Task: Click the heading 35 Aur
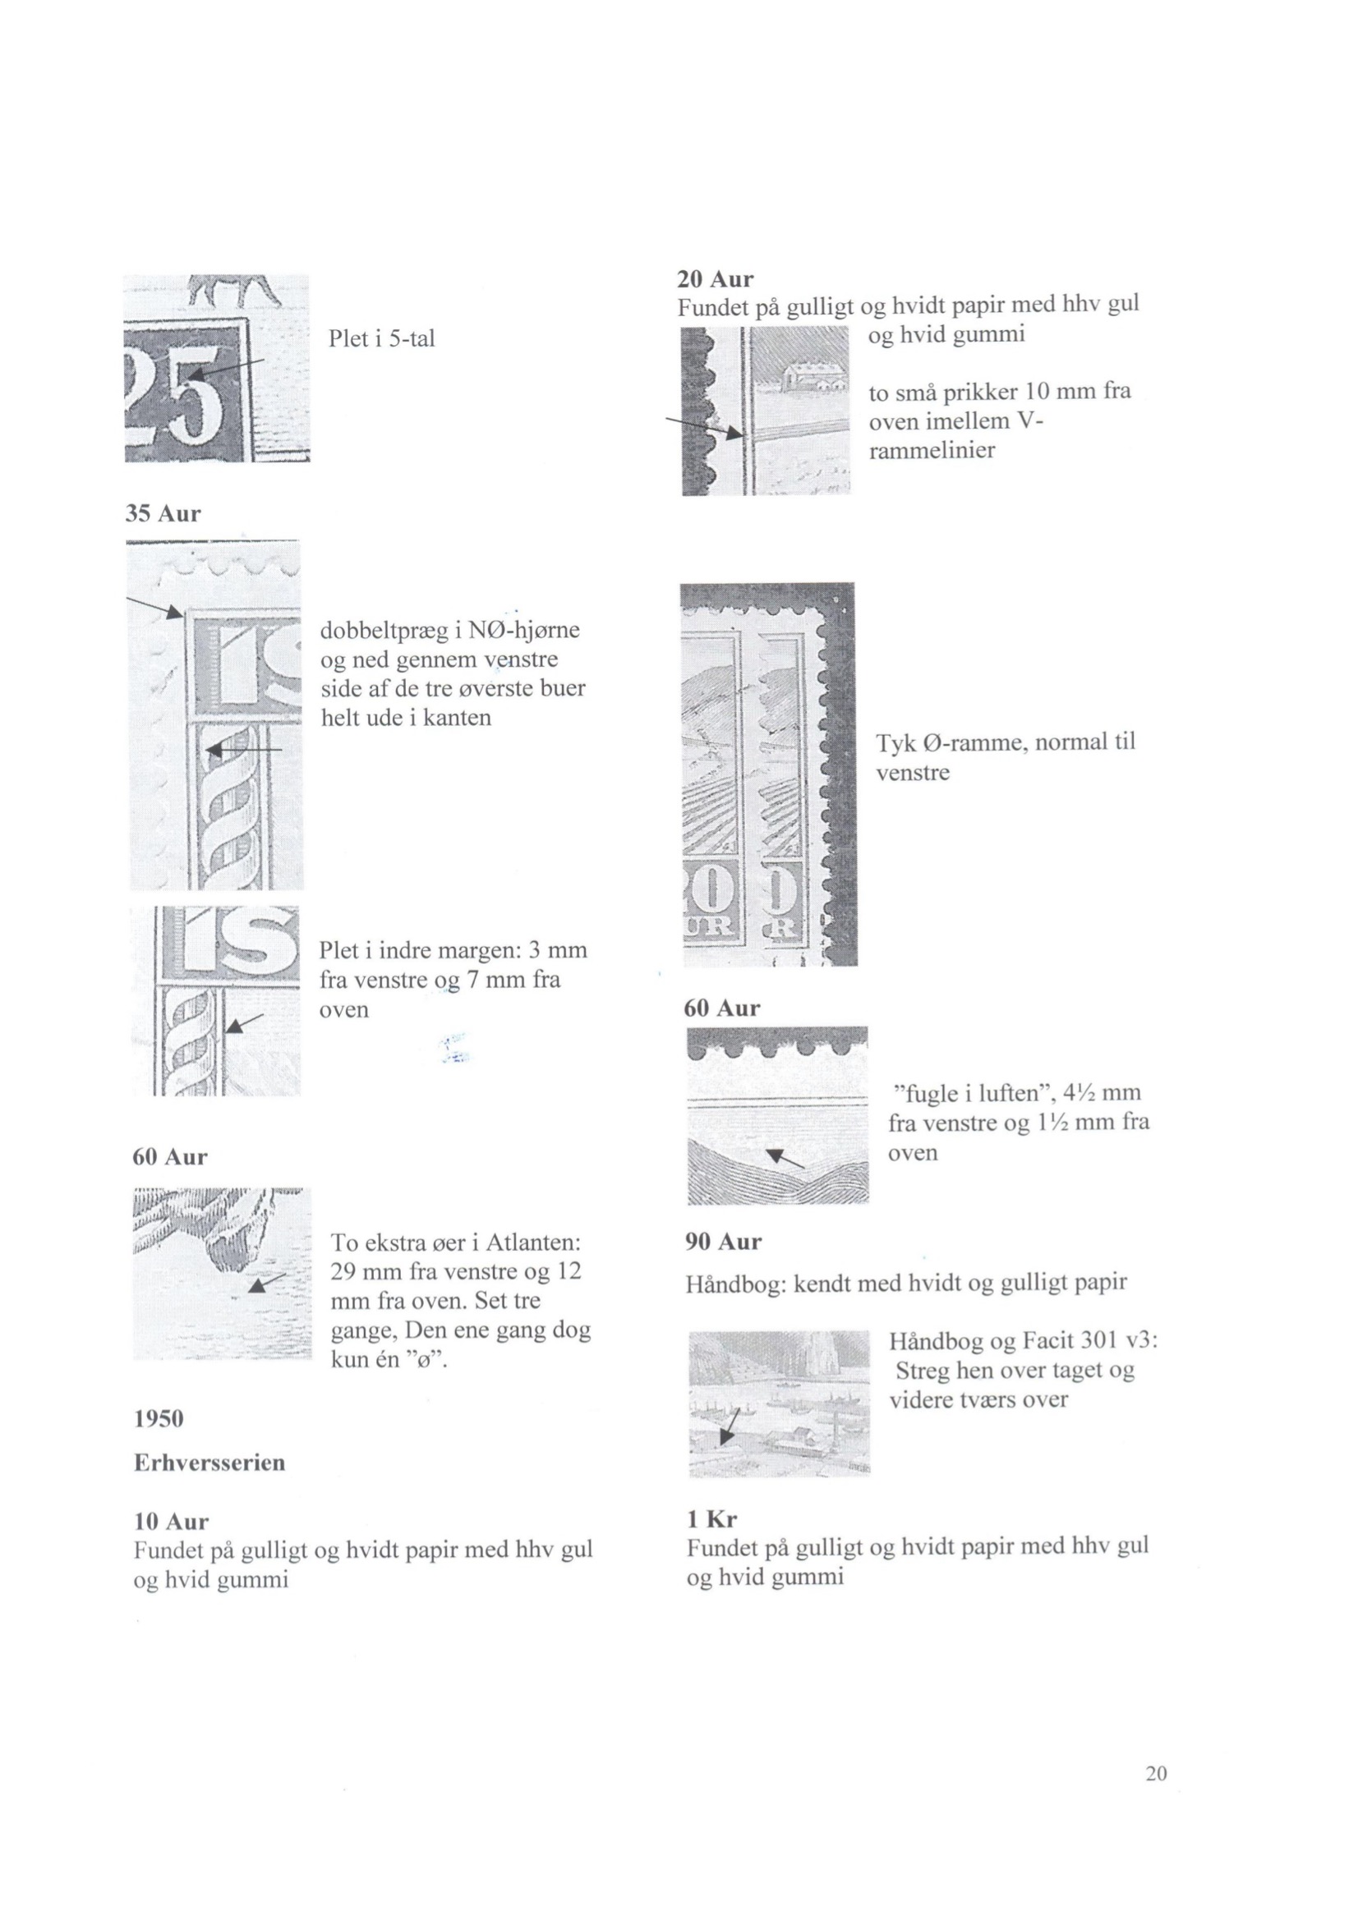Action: (x=163, y=513)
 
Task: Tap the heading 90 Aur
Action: (x=723, y=1242)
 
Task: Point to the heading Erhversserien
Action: (x=209, y=1463)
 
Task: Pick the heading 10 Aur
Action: (x=172, y=1521)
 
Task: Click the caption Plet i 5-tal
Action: (x=381, y=338)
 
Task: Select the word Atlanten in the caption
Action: (x=533, y=1242)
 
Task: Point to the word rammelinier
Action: (x=932, y=451)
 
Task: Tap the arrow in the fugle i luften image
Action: (x=785, y=1158)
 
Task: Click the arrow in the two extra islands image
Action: (x=268, y=1283)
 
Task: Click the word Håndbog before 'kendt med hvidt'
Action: (x=734, y=1284)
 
